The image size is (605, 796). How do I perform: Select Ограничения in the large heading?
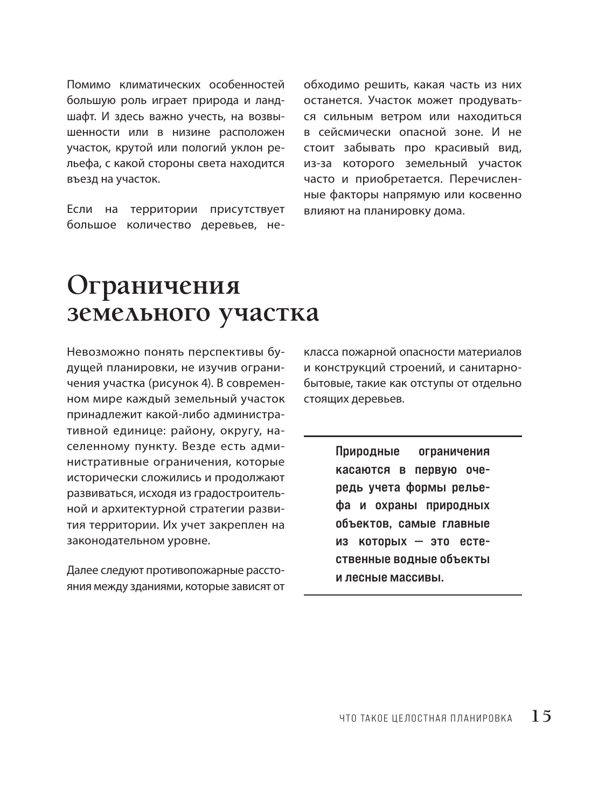coord(154,285)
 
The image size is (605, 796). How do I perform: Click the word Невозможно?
coord(102,352)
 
